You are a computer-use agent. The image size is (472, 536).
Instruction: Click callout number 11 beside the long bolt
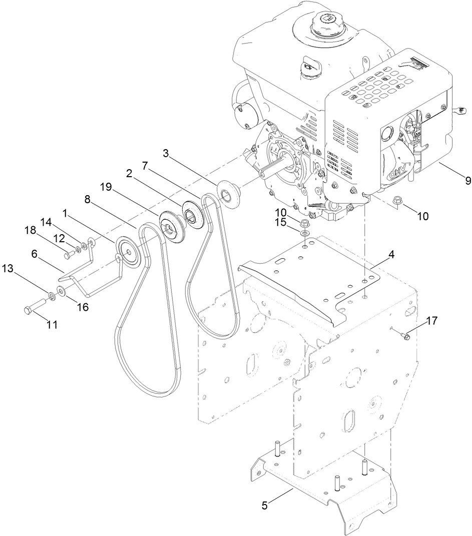tap(52, 325)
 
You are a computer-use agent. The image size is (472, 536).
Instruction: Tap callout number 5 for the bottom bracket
tap(265, 505)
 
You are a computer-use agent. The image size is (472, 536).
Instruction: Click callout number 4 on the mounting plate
tap(392, 255)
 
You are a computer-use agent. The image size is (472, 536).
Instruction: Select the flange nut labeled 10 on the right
tap(397, 200)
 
